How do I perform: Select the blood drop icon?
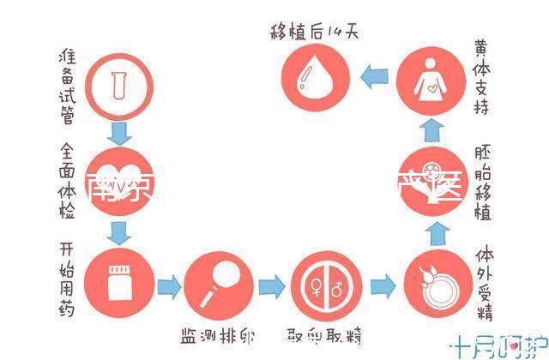[314, 77]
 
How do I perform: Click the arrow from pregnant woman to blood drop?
[374, 77]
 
